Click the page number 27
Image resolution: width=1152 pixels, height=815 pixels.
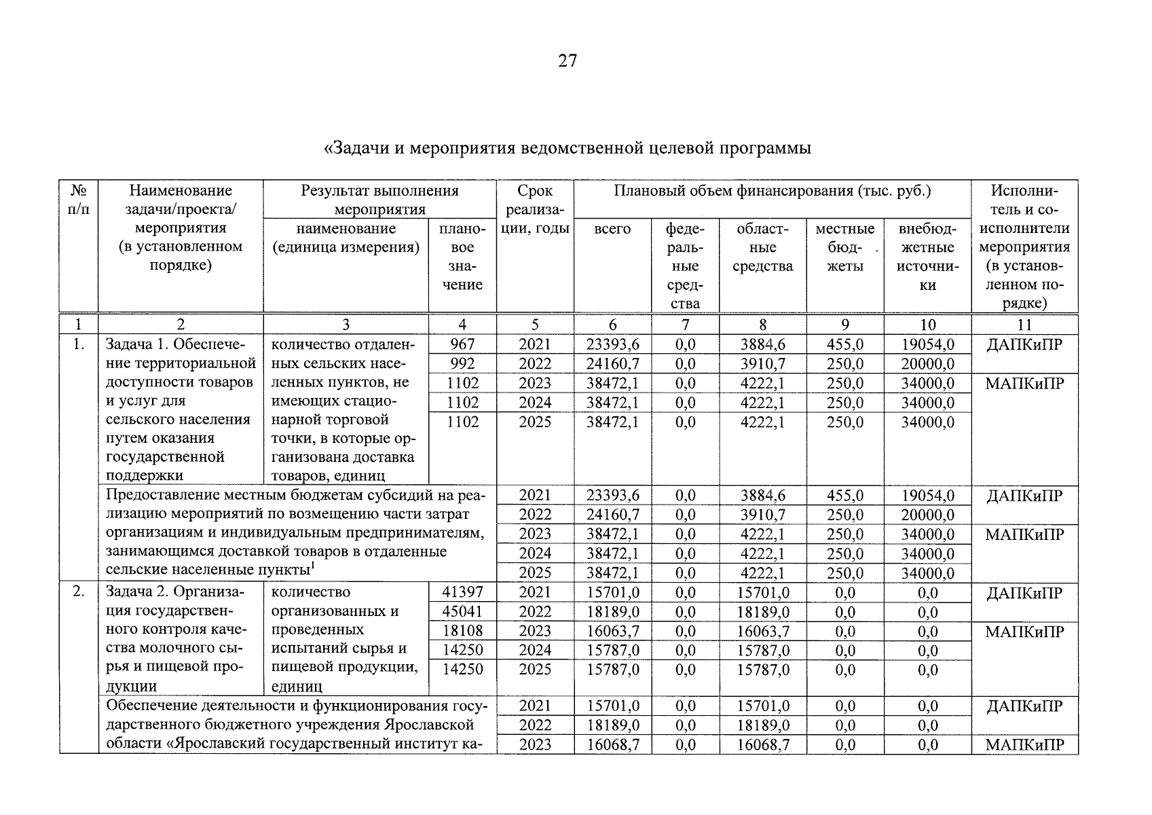tap(568, 61)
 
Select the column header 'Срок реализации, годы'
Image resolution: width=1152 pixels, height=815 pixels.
tap(535, 209)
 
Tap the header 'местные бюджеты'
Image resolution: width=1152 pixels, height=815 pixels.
tap(844, 247)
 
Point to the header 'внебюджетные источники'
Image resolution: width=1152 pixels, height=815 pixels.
tap(927, 257)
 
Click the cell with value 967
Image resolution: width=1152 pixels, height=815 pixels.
tap(462, 345)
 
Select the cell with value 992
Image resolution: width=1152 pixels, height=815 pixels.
tap(462, 364)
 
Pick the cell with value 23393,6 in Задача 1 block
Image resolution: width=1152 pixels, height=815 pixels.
tap(612, 345)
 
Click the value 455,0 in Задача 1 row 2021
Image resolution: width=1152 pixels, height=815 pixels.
tap(844, 345)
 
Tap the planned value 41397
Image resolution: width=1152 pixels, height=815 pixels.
tap(462, 593)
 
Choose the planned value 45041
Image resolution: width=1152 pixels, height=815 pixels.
tap(462, 612)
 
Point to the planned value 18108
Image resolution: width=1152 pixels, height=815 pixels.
tap(462, 632)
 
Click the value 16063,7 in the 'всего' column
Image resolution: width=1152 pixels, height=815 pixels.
tap(612, 632)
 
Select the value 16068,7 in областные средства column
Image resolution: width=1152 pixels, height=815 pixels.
tap(763, 745)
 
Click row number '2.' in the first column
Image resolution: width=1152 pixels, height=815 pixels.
tap(79, 592)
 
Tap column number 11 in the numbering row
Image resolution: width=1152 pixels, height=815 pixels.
tap(1024, 325)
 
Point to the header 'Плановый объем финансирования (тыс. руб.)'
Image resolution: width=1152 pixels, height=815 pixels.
tap(772, 191)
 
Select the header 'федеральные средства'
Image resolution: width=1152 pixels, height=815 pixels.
tap(685, 266)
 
